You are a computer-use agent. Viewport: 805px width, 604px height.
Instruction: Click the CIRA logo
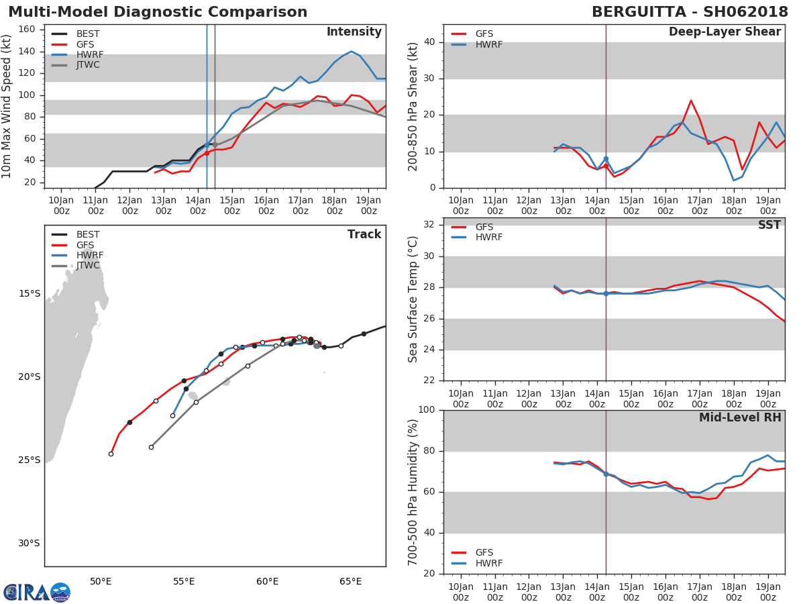tap(37, 591)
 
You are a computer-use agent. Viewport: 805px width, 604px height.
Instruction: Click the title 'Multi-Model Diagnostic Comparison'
tap(158, 12)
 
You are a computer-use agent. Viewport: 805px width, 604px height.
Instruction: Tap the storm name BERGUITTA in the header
tap(639, 12)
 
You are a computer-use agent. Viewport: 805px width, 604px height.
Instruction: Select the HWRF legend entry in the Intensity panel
tap(77, 54)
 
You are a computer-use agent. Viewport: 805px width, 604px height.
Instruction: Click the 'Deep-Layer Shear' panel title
tap(724, 32)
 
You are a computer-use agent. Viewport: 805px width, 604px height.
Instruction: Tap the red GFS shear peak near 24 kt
tap(691, 101)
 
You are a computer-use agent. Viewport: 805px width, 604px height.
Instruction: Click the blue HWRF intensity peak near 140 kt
tap(352, 52)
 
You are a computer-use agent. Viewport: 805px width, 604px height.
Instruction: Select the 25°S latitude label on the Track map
tap(29, 460)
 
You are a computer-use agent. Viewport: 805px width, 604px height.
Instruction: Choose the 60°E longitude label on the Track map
tap(267, 581)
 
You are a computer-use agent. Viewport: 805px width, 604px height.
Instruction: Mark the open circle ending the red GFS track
tap(111, 454)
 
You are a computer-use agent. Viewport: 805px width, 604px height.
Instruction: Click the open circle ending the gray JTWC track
tap(151, 447)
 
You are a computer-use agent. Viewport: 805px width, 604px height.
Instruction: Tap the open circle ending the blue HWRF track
tap(172, 415)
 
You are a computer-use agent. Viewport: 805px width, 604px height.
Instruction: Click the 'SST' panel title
tap(769, 225)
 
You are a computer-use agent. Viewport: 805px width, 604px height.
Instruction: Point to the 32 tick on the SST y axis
tap(429, 224)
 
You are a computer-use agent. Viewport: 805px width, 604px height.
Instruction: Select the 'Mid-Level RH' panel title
tap(740, 417)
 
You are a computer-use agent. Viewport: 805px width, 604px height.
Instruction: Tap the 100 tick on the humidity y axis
tap(427, 409)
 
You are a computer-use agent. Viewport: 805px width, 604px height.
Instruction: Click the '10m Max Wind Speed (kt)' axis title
tap(6, 106)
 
